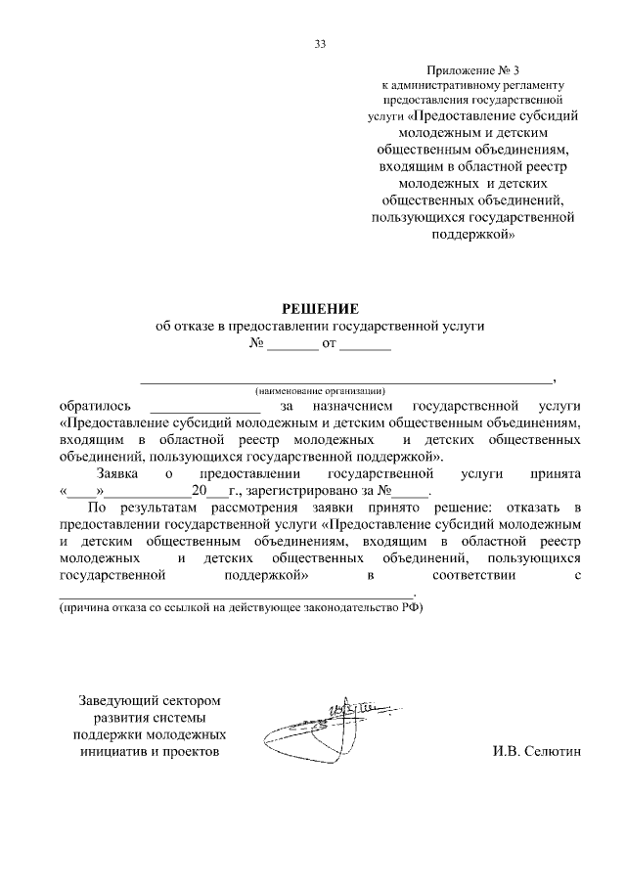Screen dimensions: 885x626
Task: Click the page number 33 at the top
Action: point(320,43)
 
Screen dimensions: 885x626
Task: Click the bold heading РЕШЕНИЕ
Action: point(320,309)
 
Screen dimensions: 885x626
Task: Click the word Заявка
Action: point(119,473)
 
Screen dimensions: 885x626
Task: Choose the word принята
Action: point(557,473)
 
